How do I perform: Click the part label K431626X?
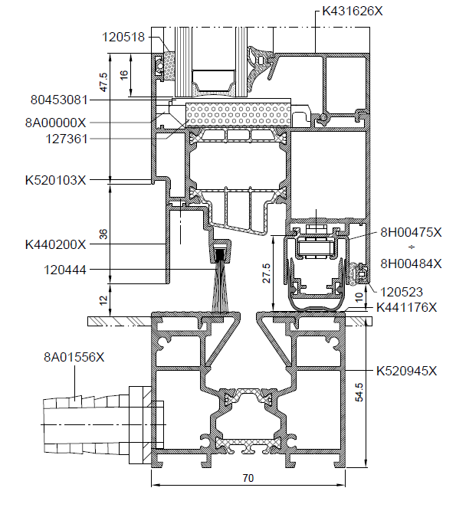pyautogui.click(x=352, y=11)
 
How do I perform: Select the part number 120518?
pyautogui.click(x=123, y=37)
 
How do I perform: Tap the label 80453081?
pyautogui.click(x=59, y=100)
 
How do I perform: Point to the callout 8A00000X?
pyautogui.click(x=55, y=123)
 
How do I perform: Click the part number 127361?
pyautogui.click(x=67, y=139)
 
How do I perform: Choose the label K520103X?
pyautogui.click(x=55, y=180)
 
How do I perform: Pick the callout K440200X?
pyautogui.click(x=55, y=244)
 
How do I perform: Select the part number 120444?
pyautogui.click(x=65, y=270)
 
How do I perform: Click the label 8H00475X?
pyautogui.click(x=411, y=232)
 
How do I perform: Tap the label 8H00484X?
pyautogui.click(x=411, y=264)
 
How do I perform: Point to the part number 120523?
pyautogui.click(x=402, y=292)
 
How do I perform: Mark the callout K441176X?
pyautogui.click(x=406, y=307)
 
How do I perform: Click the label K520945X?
pyautogui.click(x=406, y=371)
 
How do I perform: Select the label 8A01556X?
pyautogui.click(x=74, y=357)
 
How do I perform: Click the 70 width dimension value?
pyautogui.click(x=248, y=478)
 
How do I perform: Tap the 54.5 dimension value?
pyautogui.click(x=359, y=392)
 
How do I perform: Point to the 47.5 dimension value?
pyautogui.click(x=103, y=82)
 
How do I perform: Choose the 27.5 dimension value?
pyautogui.click(x=267, y=273)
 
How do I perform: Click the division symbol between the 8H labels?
pyautogui.click(x=411, y=247)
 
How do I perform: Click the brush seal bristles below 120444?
pyautogui.click(x=219, y=286)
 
